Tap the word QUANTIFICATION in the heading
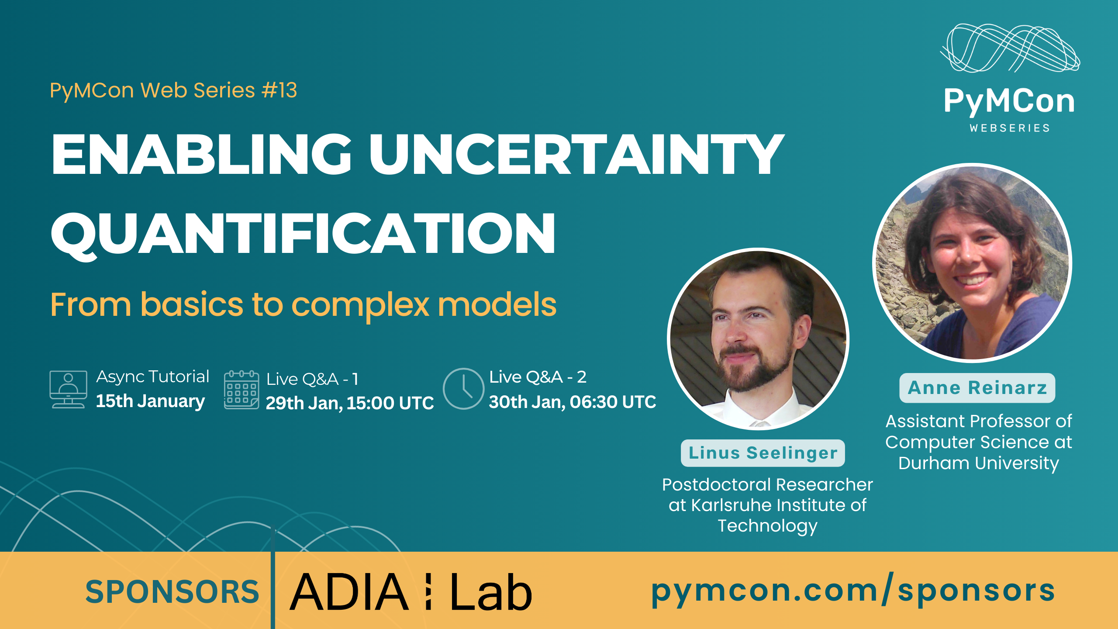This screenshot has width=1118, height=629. (303, 233)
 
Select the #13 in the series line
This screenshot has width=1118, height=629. (279, 90)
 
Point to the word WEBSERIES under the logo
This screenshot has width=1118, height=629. (1010, 128)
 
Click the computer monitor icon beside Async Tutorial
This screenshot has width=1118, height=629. (68, 389)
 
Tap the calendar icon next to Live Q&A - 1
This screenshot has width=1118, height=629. (242, 389)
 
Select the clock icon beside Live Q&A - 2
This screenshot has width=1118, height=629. (463, 389)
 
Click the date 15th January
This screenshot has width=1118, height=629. (150, 401)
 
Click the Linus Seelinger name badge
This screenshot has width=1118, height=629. (763, 453)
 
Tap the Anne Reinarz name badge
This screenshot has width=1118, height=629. (977, 388)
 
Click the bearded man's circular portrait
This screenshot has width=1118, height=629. (758, 339)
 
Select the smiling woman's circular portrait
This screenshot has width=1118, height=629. (972, 263)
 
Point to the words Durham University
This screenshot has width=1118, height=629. (979, 463)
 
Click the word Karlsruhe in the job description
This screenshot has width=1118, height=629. (735, 505)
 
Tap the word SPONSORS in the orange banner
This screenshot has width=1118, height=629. (172, 592)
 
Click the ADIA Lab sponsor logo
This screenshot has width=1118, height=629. (411, 592)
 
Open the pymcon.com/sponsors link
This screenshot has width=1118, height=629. (853, 591)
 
